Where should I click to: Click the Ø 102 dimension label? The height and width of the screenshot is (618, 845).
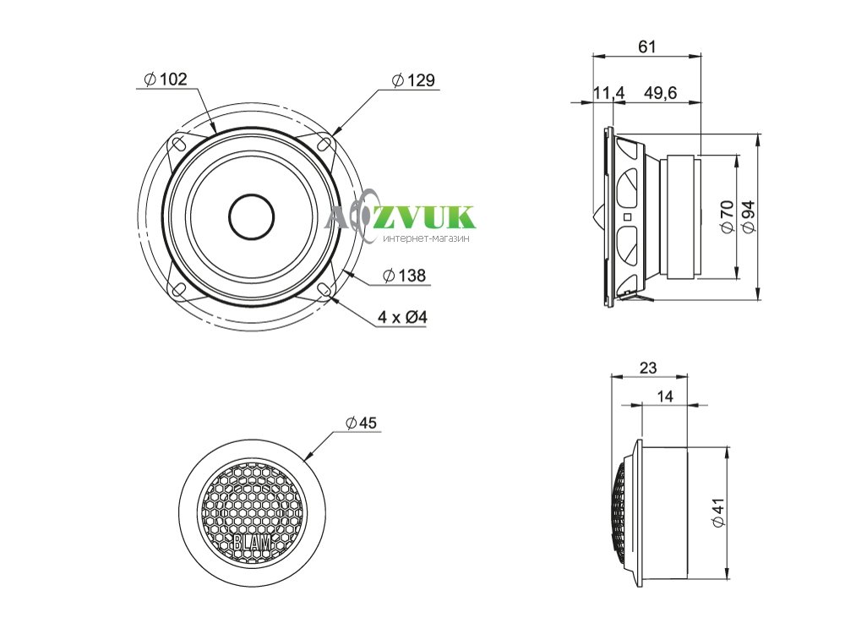(166, 79)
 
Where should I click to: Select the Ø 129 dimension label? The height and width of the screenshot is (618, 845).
(413, 80)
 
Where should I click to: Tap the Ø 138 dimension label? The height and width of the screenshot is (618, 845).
(404, 276)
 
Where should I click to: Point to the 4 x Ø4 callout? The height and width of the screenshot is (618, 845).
(402, 317)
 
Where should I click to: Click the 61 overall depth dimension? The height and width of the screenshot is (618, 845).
(647, 46)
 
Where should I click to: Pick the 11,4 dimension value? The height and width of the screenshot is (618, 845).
(609, 93)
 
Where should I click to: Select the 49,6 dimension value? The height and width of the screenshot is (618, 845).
(660, 93)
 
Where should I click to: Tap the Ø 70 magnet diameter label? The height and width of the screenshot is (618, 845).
(727, 216)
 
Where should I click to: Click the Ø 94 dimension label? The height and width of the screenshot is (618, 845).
(748, 216)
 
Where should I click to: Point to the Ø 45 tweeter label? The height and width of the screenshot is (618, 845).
(361, 423)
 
